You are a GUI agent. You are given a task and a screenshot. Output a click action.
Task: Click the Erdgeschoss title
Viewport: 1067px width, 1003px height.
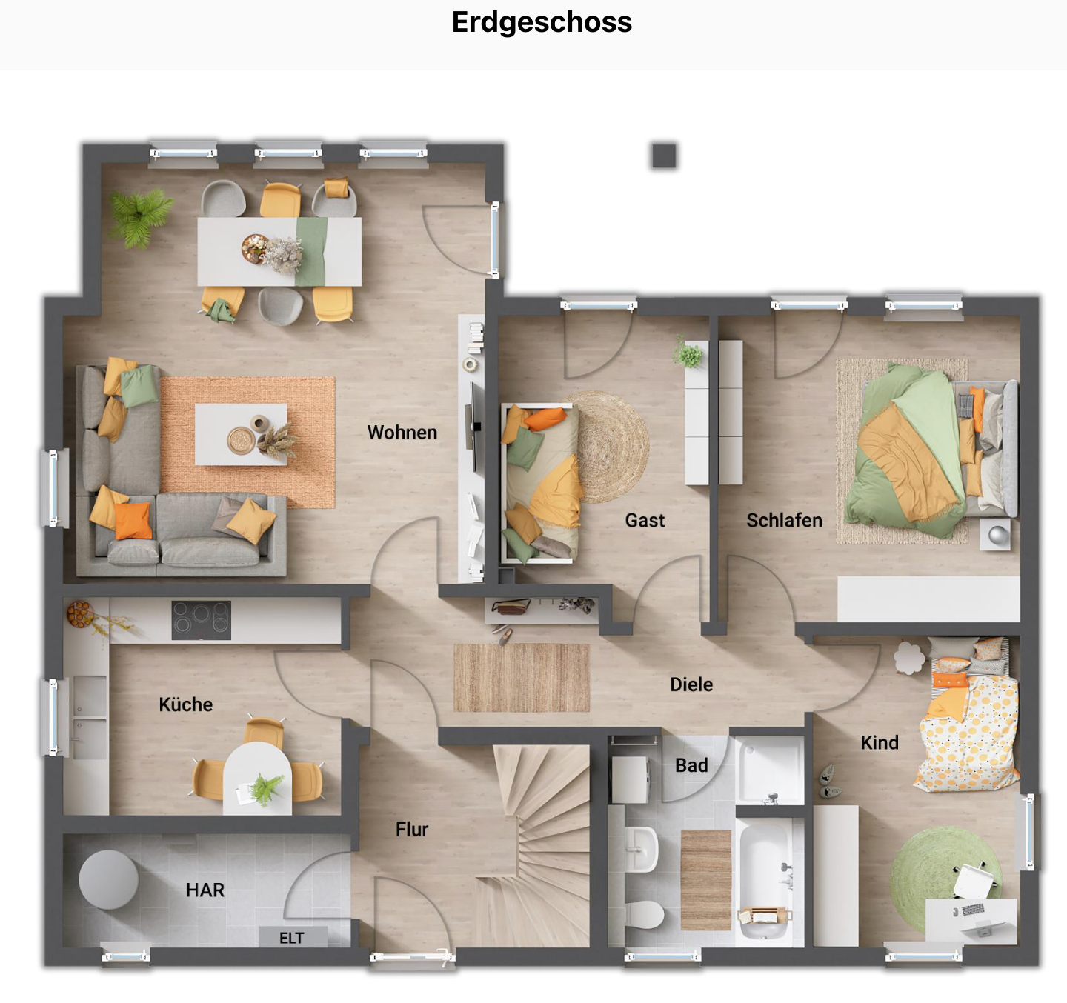pos(542,22)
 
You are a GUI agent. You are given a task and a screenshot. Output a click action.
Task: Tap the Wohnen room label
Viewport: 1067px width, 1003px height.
pos(402,433)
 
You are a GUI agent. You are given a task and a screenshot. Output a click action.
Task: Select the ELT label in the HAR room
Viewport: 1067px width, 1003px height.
pos(291,938)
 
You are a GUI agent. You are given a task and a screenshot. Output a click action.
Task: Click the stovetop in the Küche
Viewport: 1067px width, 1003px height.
pos(201,620)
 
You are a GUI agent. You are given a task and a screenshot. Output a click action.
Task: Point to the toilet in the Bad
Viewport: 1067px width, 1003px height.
pos(643,914)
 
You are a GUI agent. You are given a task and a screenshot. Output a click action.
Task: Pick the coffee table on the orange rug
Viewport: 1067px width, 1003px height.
pos(241,434)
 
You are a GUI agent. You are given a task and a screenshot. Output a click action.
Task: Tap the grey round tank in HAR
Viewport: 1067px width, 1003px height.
pos(108,879)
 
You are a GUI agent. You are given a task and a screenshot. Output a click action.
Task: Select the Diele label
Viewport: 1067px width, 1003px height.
pos(691,684)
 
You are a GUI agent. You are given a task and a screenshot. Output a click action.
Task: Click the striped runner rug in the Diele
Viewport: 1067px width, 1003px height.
pos(521,678)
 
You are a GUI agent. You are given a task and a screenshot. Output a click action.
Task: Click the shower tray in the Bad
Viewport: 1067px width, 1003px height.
pos(770,770)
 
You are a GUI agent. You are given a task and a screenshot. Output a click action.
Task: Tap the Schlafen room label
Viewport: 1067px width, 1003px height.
pos(784,521)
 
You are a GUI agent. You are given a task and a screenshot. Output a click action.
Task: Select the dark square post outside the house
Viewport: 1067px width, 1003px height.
pos(664,156)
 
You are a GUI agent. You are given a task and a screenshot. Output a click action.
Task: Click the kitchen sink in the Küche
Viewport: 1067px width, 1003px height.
pos(88,717)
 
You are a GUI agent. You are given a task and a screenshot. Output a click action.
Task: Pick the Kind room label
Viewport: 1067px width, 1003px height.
pos(879,742)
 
